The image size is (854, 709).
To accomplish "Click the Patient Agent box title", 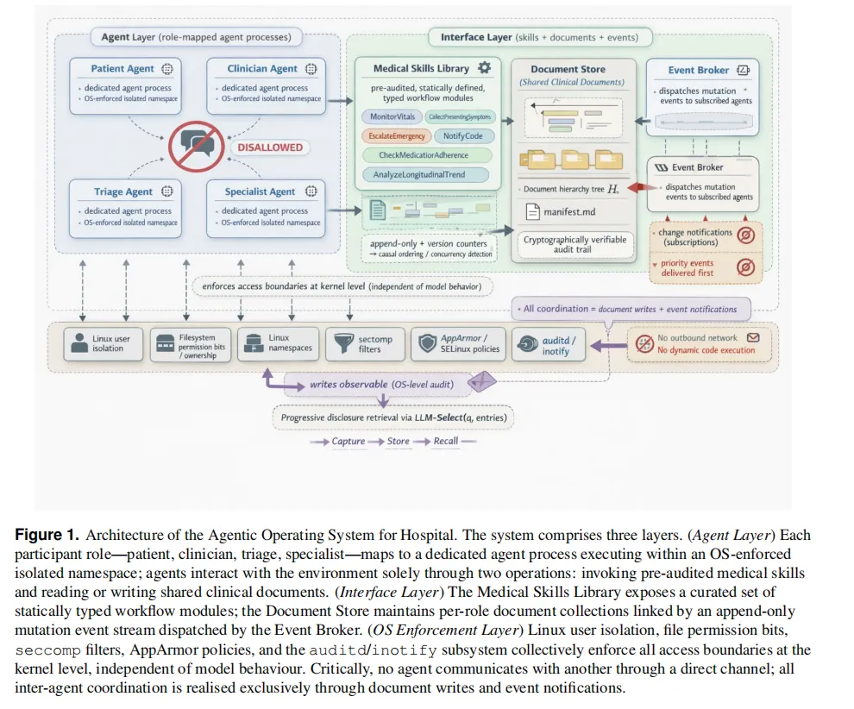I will (122, 69).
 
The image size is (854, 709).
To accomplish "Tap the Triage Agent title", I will (122, 191).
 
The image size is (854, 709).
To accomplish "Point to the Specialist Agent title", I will (260, 191).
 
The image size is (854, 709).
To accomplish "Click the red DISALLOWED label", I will (270, 147).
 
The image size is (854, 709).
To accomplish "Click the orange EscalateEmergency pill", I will (397, 136).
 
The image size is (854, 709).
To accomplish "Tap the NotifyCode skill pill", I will (463, 136).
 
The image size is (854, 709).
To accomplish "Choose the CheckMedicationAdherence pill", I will (424, 155).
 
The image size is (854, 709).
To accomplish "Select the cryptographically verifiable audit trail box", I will (575, 245).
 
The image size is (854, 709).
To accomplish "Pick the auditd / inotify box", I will (549, 344).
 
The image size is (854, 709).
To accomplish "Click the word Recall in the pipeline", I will (445, 442).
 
